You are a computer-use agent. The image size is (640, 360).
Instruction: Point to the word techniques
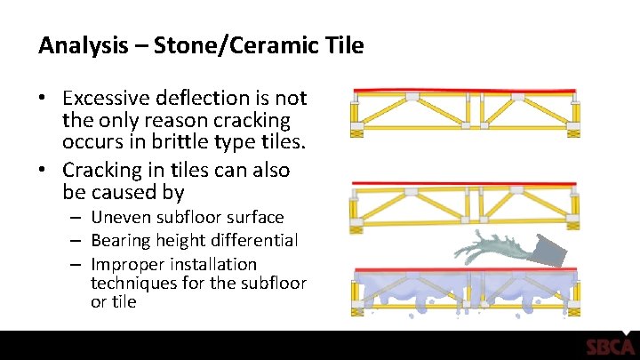click(x=131, y=284)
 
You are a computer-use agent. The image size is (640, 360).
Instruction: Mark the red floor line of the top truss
click(x=463, y=91)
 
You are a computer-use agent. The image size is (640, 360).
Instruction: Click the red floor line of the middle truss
click(x=463, y=184)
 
